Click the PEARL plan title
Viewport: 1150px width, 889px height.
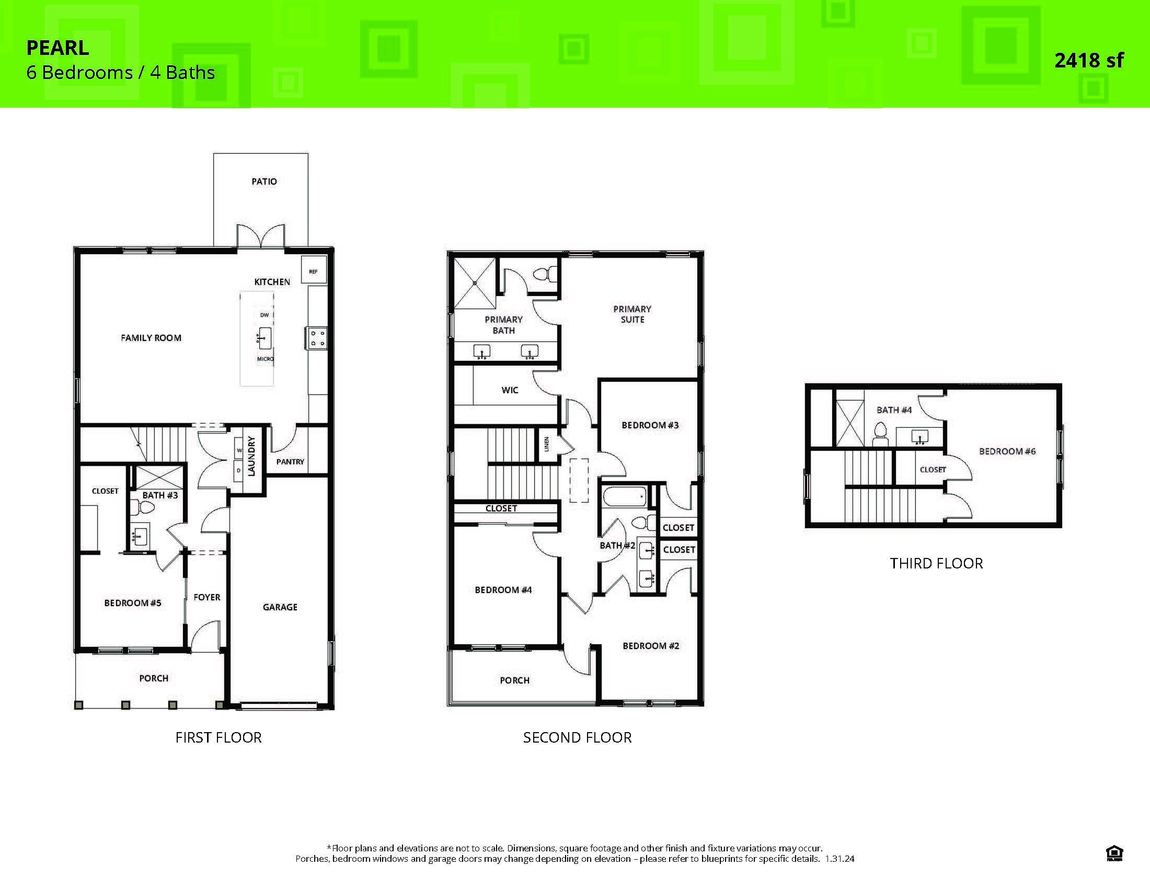tap(58, 48)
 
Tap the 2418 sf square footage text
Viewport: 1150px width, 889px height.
tap(1088, 61)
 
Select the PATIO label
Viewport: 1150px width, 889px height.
tap(264, 181)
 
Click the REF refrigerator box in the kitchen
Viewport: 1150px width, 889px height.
tap(313, 271)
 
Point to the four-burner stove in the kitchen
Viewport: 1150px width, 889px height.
tap(317, 338)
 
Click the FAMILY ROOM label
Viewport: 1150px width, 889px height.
tap(151, 338)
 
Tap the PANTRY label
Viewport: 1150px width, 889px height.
tap(290, 462)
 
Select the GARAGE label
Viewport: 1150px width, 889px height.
tap(280, 607)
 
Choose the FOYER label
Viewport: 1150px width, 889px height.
tap(207, 597)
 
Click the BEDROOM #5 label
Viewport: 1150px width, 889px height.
tap(133, 603)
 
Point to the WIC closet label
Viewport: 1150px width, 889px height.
tap(510, 390)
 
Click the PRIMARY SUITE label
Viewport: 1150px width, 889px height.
tap(632, 314)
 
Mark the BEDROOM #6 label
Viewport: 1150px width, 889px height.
tap(1007, 451)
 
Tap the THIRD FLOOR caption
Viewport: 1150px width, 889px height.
tap(936, 564)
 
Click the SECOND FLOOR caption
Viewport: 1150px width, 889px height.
tap(577, 737)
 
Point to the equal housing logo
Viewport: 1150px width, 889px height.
tap(1115, 853)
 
